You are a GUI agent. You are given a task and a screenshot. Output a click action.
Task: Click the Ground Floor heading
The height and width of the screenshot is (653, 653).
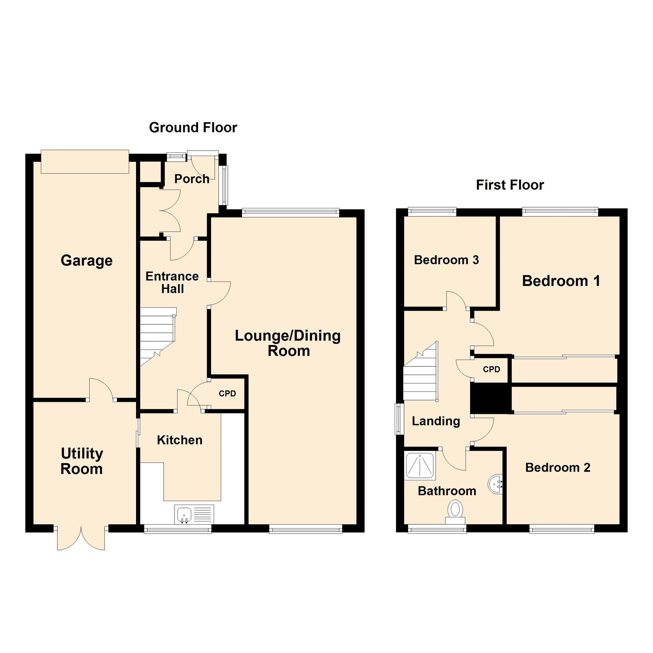[193, 128]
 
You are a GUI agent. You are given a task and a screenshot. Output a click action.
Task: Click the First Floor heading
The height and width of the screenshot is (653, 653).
[510, 185]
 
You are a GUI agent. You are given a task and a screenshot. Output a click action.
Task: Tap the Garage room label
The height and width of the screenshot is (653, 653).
[86, 260]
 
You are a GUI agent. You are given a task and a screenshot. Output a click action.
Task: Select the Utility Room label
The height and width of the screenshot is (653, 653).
[82, 461]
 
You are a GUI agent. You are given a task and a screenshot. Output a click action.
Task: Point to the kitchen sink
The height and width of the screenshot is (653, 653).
[184, 514]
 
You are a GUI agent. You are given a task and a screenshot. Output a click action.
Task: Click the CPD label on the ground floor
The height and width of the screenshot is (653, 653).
[227, 394]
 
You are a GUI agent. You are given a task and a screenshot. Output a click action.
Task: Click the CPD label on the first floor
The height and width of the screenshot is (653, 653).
[492, 369]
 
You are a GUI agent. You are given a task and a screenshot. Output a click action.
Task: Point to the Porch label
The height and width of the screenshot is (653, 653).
[192, 179]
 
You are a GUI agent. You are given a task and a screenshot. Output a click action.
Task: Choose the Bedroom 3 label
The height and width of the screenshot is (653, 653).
[446, 260]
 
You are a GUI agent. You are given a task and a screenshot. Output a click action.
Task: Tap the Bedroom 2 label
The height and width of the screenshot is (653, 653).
[558, 467]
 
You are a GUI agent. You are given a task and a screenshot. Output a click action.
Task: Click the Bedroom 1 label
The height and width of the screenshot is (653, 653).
[561, 281]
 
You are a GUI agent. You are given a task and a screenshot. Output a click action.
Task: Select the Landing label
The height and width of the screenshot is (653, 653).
[436, 421]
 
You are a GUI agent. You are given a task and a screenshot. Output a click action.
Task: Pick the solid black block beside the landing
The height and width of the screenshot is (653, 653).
[490, 398]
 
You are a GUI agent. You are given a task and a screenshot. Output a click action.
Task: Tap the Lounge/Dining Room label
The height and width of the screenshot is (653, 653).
[288, 343]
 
